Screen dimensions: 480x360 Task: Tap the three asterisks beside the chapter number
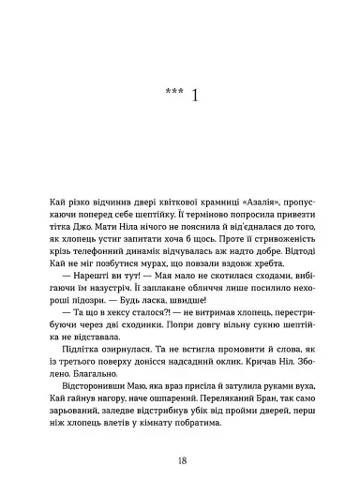[172, 95]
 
